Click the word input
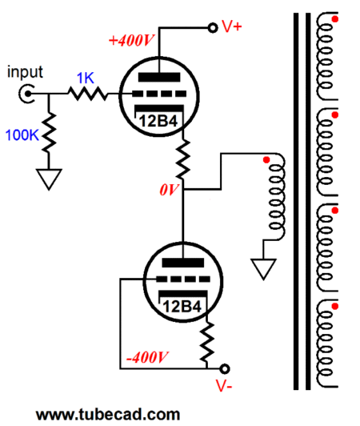coord(25,72)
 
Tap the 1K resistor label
coord(86,78)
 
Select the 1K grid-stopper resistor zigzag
coord(88,94)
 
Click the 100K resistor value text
coord(22,135)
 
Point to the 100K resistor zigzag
coord(49,132)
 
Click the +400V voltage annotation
coord(132,41)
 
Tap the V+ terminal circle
coord(213,28)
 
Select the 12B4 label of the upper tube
coord(158,121)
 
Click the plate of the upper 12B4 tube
coord(159,77)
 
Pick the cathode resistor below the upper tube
coord(183,159)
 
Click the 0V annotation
coord(169,190)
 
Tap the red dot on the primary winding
coord(266,160)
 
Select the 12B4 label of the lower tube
coord(182,307)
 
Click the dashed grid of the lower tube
coord(183,279)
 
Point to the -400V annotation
coord(147,357)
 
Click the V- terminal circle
coord(225,368)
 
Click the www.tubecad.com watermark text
coord(108,415)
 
